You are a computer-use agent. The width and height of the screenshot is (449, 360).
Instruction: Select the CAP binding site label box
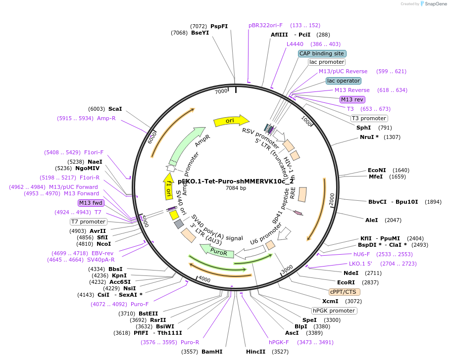322,53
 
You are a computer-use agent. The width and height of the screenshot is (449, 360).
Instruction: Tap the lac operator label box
343,81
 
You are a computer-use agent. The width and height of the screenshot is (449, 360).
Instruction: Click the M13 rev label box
352,99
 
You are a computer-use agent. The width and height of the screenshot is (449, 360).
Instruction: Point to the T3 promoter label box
369,118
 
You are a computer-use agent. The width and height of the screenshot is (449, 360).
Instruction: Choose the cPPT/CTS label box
345,292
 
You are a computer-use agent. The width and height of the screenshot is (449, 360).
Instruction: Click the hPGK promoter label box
334,311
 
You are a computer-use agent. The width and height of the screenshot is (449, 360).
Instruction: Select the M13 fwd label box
91,203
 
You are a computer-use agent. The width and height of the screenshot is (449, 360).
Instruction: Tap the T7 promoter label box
88,222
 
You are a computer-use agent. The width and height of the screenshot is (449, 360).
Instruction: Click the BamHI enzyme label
212,352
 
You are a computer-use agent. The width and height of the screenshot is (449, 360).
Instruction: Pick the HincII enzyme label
255,352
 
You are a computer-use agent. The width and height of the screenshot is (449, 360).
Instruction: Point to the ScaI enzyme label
115,109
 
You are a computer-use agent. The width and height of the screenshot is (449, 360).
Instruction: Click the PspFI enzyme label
219,26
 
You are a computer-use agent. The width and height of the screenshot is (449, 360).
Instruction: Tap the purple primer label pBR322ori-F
266,25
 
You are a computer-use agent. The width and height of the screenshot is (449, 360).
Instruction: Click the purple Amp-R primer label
106,118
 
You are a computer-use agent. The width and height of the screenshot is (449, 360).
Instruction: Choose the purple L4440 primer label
295,44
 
